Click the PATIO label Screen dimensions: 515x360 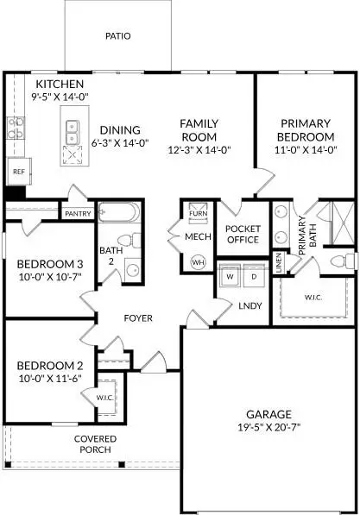tap(117, 37)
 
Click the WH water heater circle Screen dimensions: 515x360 tap(199, 261)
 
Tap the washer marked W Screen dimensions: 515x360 tap(230, 276)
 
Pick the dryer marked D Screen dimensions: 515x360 tap(253, 276)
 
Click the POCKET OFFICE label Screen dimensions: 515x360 tap(243, 235)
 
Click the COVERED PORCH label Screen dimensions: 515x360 tap(95, 445)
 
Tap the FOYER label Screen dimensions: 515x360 tap(138, 318)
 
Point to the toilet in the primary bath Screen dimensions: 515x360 tap(343, 261)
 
